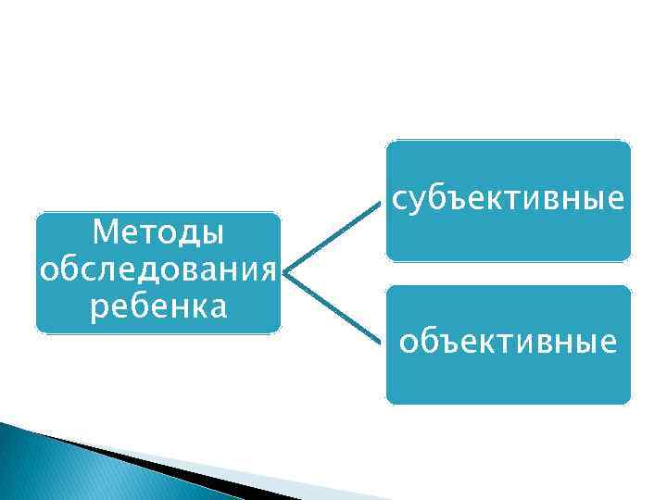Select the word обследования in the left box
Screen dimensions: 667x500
click(x=158, y=271)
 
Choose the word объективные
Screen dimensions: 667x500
click(x=508, y=344)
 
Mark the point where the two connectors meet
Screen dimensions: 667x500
click(x=285, y=273)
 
